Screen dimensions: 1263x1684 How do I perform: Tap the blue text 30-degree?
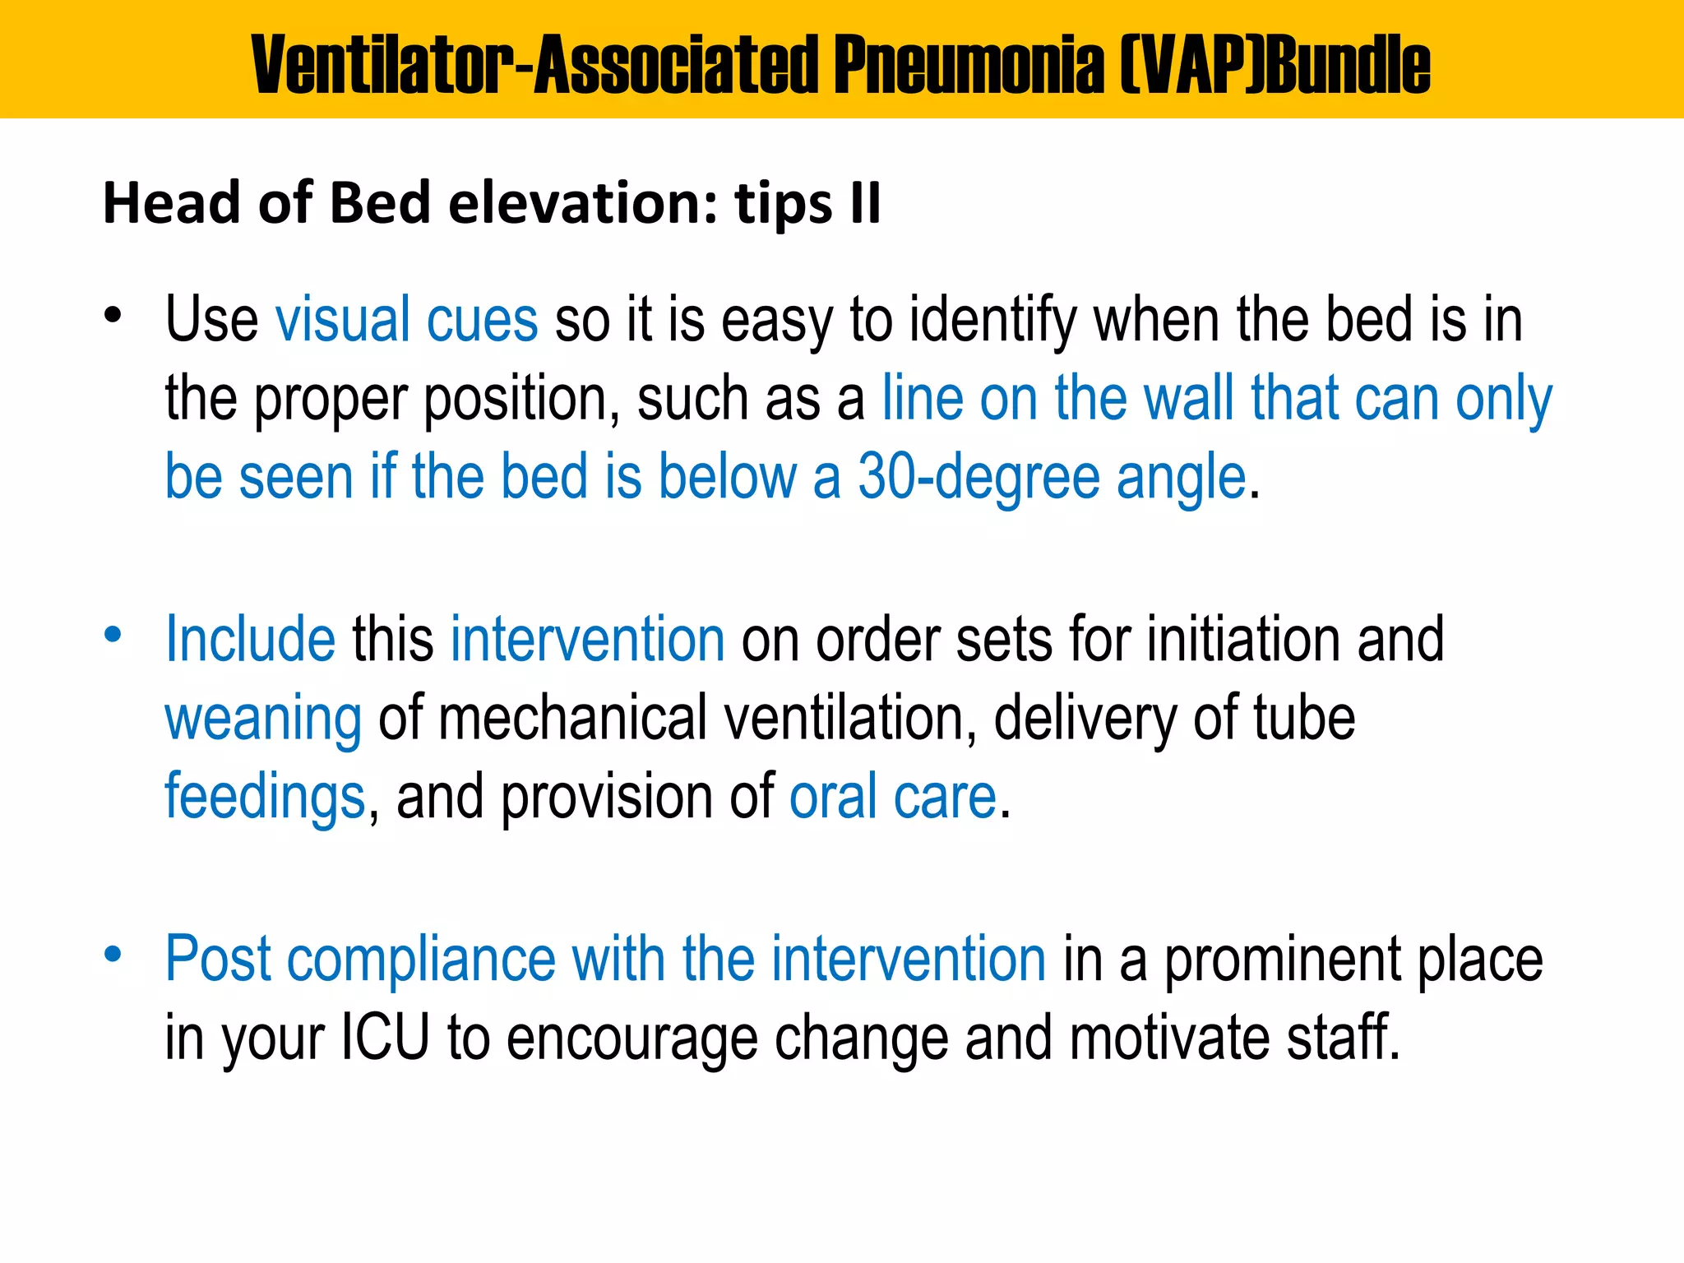[978, 477]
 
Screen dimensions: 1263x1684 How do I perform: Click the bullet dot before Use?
[113, 315]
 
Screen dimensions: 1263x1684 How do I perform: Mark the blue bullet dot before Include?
[113, 635]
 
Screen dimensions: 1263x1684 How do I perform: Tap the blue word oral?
[833, 797]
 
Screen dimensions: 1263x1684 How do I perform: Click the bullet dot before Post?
[113, 955]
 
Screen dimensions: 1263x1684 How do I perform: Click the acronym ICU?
[385, 1037]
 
